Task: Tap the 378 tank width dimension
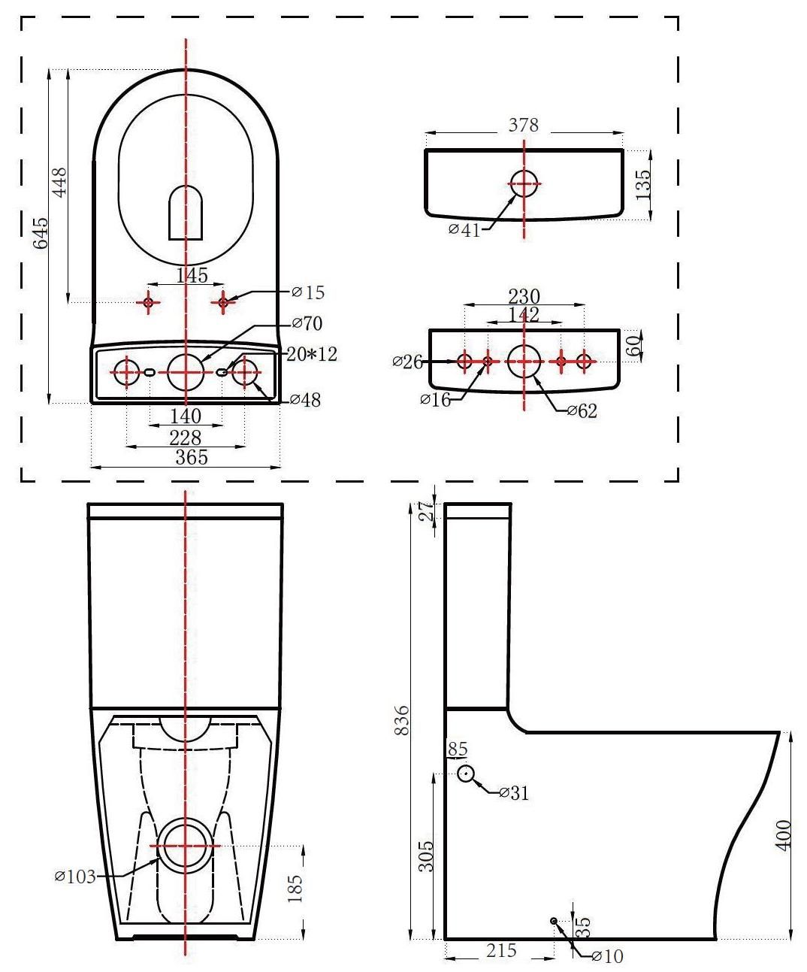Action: [x=524, y=125]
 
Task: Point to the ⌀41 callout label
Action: [x=464, y=229]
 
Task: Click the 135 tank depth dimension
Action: [x=643, y=184]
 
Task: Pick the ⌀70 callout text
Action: [x=307, y=324]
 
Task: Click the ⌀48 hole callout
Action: [x=305, y=400]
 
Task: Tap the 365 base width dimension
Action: [x=192, y=457]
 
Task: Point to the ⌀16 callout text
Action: [x=436, y=399]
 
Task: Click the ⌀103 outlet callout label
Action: [x=75, y=876]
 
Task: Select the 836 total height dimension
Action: [x=403, y=721]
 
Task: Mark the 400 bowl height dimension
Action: [x=784, y=834]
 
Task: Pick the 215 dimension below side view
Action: [x=501, y=950]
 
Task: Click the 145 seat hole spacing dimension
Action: [x=192, y=276]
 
